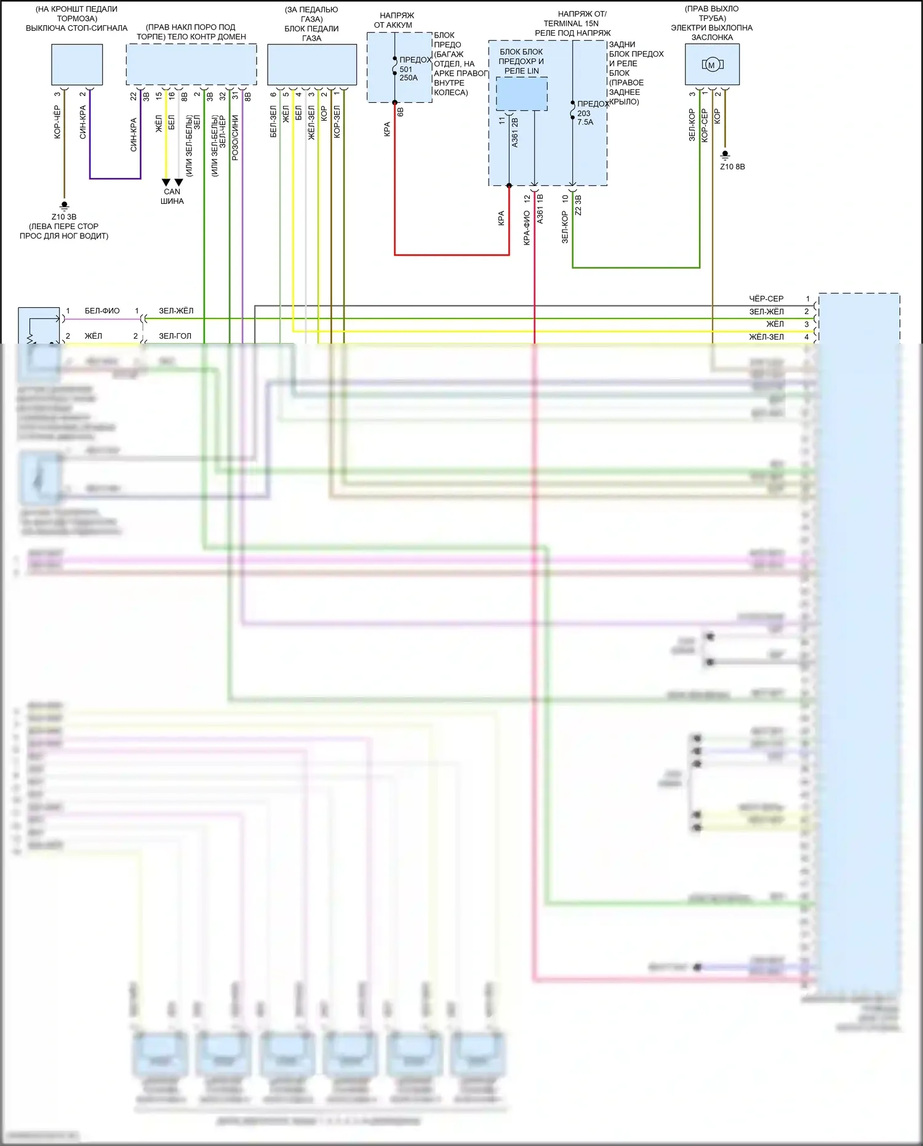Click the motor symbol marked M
point(712,65)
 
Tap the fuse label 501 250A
point(409,73)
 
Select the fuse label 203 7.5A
point(585,118)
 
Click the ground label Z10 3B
point(64,217)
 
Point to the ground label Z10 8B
point(732,167)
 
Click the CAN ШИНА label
point(172,196)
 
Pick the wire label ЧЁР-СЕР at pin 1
point(766,299)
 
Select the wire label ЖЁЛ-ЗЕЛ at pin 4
point(766,337)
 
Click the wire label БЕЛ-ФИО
point(102,311)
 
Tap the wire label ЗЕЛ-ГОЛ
point(175,336)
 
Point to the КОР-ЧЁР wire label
point(57,122)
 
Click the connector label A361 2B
point(515,132)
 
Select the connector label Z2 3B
point(578,206)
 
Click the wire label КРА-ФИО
point(527,228)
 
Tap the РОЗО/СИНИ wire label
point(235,138)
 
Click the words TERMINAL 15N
point(571,23)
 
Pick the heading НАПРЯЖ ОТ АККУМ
point(394,20)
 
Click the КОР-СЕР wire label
point(705,126)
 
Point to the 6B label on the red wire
point(401,112)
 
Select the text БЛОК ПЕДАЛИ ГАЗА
point(311,33)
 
